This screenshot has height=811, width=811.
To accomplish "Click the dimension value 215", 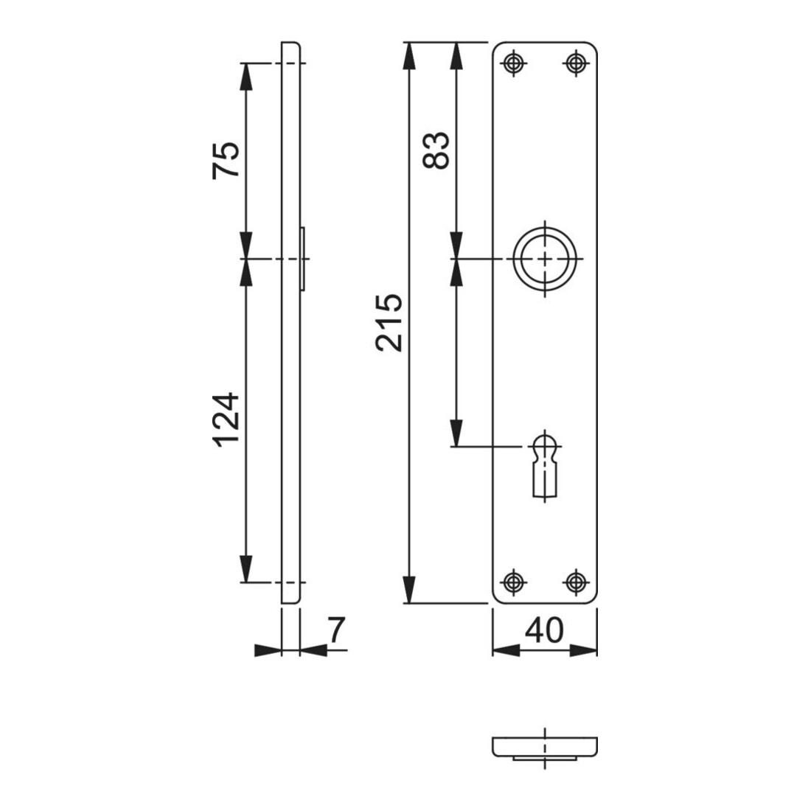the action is [389, 323].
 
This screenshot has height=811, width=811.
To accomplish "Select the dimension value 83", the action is [436, 150].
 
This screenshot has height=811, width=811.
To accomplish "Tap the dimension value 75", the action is [226, 160].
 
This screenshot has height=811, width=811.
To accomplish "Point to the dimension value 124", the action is [226, 420].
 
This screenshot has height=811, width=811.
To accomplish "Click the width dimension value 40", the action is [544, 630].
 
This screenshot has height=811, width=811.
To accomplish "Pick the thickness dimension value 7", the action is [336, 630].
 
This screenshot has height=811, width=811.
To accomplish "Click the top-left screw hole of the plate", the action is [513, 63].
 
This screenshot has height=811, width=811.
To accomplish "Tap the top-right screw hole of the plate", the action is [575, 63].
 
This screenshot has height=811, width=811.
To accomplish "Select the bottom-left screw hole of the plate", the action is [513, 582].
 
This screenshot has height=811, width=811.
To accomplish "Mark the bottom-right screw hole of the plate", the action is [575, 582].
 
